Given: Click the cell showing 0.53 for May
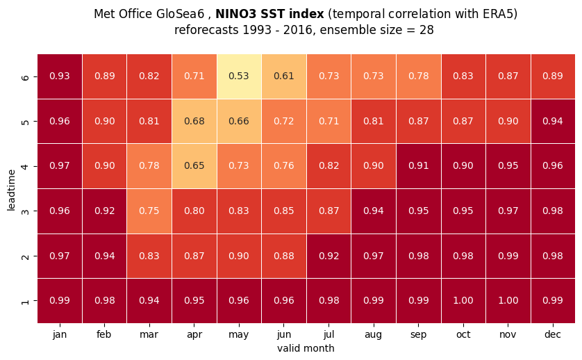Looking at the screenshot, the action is [x=239, y=76].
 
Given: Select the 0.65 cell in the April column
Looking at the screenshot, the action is [x=194, y=166].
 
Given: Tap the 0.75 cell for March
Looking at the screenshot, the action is [x=149, y=211].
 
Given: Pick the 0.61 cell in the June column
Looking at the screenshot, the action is [x=284, y=76].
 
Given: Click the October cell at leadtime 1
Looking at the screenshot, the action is [x=463, y=300].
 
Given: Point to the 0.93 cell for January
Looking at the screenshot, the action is [x=60, y=76].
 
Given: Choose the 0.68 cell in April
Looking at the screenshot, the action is [x=194, y=121].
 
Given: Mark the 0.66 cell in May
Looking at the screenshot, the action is [x=239, y=121].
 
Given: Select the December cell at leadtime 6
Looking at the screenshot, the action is [x=553, y=76].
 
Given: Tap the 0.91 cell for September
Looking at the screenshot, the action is [x=418, y=166].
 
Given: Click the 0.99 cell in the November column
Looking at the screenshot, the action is [x=508, y=256].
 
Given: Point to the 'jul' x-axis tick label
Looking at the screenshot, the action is [x=329, y=334].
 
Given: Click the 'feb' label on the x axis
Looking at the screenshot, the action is [x=104, y=334].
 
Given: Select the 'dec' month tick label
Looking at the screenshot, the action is [x=553, y=334].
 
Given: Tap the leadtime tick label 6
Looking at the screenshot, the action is [x=25, y=77].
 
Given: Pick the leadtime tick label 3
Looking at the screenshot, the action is [x=25, y=211].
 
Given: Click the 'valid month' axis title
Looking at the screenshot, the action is [x=306, y=348].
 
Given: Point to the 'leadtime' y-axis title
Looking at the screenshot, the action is [x=11, y=190].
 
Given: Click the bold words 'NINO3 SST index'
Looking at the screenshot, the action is [x=270, y=14].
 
